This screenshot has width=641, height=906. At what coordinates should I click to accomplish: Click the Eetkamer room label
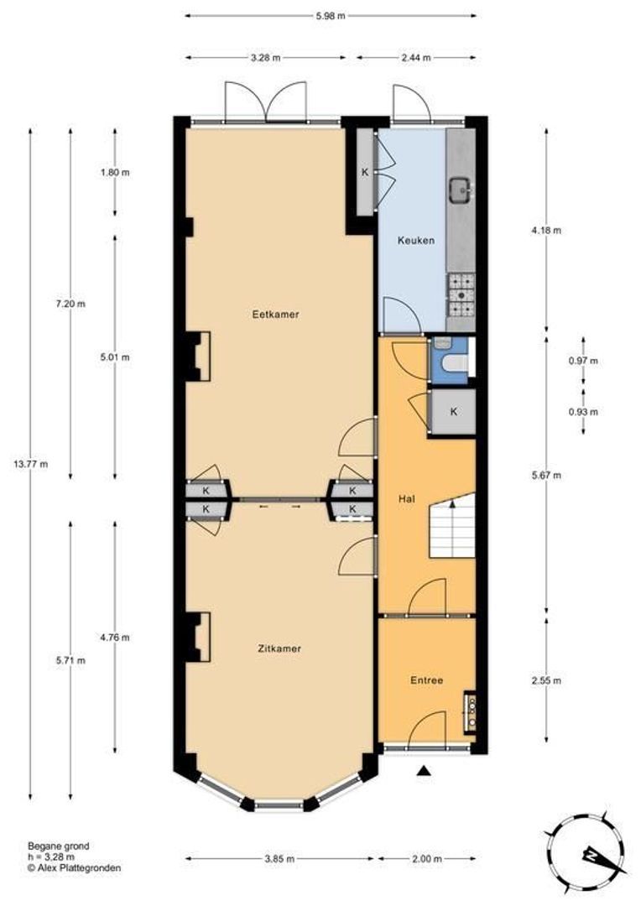pos(275,315)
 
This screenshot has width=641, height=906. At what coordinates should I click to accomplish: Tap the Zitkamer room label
pos(279,648)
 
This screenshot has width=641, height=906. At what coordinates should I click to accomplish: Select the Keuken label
pos(415,241)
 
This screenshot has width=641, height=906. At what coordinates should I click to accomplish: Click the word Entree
pos(426,680)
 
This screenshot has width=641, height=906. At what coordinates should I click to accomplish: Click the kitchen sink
pos(460,191)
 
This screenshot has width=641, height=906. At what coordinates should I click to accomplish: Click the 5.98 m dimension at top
pos(330,15)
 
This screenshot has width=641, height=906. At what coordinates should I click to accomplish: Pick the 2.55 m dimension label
pos(547,680)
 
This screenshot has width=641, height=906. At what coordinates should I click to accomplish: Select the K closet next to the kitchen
pos(365,172)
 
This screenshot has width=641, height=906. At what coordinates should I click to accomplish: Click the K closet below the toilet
pos(453,412)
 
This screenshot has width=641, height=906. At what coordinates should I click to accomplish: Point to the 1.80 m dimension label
pos(115,173)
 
